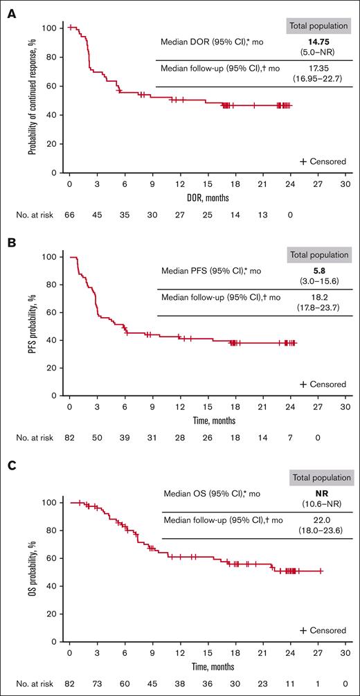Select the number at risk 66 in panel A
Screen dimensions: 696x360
70,215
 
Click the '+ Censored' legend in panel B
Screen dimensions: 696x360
323,384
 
